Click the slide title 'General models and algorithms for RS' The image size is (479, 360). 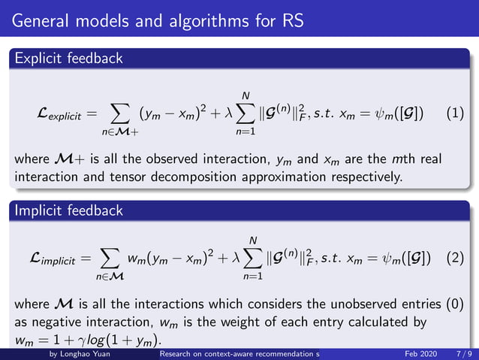tap(158, 20)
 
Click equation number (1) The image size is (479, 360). tap(455, 114)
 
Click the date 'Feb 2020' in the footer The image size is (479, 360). tap(420, 353)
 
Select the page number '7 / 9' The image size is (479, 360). tap(463, 353)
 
